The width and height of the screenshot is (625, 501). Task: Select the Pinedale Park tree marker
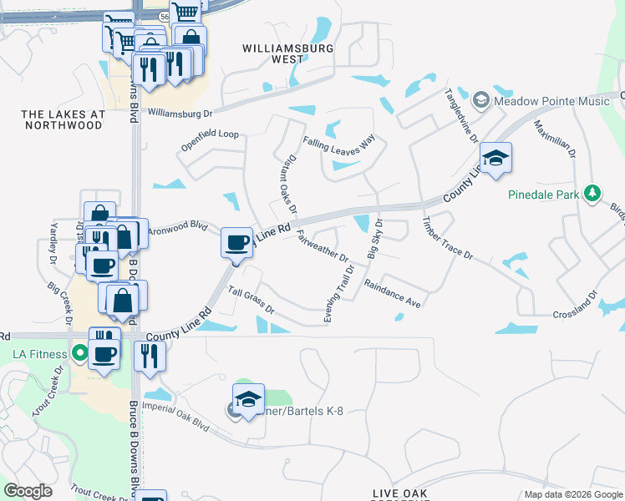point(592,194)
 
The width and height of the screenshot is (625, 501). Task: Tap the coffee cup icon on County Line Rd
point(236,243)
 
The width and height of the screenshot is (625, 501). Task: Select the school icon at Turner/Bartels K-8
point(248,400)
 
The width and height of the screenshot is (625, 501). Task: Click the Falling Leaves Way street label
point(338,143)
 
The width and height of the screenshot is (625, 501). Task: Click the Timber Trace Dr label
point(447,240)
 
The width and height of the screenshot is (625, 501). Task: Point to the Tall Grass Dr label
point(252,297)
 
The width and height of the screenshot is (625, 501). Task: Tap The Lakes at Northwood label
point(63,119)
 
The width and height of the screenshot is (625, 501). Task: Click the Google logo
point(28,490)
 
